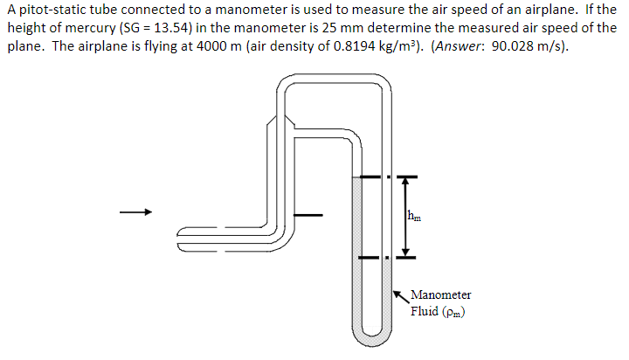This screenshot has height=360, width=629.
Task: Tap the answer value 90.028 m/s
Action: click(x=526, y=46)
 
